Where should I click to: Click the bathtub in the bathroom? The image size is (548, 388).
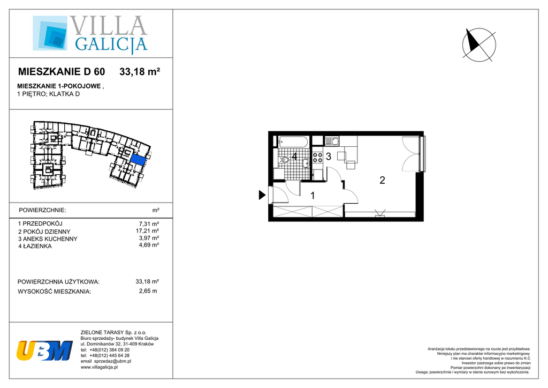point(293,141)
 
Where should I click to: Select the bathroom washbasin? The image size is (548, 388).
point(306,163)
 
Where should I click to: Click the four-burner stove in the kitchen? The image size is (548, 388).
point(317,157)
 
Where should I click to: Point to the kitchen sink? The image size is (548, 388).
point(331,141)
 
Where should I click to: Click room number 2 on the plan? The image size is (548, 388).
point(382,180)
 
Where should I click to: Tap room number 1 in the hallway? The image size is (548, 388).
point(313,196)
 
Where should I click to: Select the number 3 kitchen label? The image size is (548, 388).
point(329,156)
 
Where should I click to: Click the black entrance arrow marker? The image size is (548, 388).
point(262,195)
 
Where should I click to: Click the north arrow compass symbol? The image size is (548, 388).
point(478,45)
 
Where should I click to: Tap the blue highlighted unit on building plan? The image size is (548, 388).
point(138,159)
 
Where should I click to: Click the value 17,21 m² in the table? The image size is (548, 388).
point(147,231)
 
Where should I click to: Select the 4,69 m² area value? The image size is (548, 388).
point(149,245)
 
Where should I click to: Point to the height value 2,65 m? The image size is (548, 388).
point(148,291)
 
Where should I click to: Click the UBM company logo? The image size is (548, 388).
point(44,350)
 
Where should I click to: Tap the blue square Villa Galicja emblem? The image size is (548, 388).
point(50,33)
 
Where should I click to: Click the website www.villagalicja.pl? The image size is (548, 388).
point(99,367)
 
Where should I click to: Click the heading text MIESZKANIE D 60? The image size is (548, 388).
point(62,72)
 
